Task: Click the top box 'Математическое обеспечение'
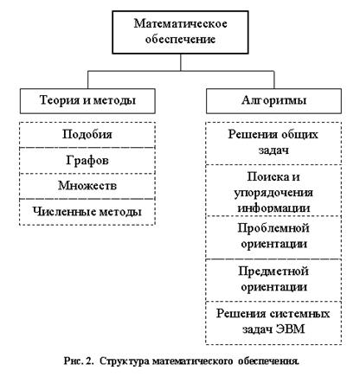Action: click(x=180, y=32)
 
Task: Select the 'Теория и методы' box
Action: click(x=87, y=101)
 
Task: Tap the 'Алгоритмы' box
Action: click(x=273, y=101)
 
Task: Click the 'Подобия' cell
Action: click(x=87, y=135)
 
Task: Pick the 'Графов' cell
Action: click(x=87, y=161)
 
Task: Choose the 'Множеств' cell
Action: click(x=87, y=186)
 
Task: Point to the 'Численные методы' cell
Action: click(x=87, y=212)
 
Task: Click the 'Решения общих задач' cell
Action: click(x=273, y=144)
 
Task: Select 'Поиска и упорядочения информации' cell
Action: click(x=273, y=190)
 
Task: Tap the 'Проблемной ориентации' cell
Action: click(x=273, y=237)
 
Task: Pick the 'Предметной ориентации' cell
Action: click(x=273, y=280)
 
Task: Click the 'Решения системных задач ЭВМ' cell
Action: click(x=273, y=323)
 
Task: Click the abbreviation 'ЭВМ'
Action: click(x=290, y=329)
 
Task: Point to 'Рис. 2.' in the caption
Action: click(x=79, y=361)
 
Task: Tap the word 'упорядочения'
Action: click(x=273, y=193)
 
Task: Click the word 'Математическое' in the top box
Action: click(x=180, y=23)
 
